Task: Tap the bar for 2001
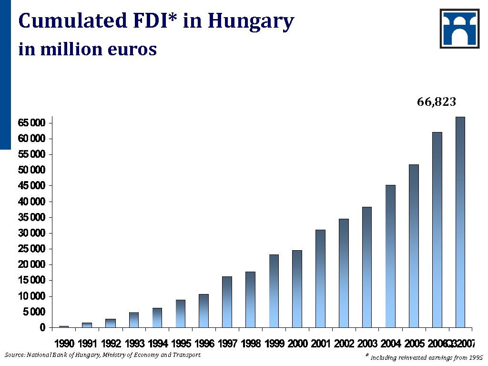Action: [320, 278]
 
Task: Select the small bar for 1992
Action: [111, 323]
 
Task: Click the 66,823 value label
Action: [437, 102]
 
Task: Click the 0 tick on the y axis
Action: [42, 327]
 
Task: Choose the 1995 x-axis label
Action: [181, 344]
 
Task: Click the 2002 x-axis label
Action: [344, 344]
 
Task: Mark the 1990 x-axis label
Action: [64, 344]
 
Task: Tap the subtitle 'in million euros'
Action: [87, 49]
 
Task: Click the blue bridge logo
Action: [459, 29]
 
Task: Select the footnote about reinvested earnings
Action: [424, 357]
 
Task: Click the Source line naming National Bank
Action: [102, 355]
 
